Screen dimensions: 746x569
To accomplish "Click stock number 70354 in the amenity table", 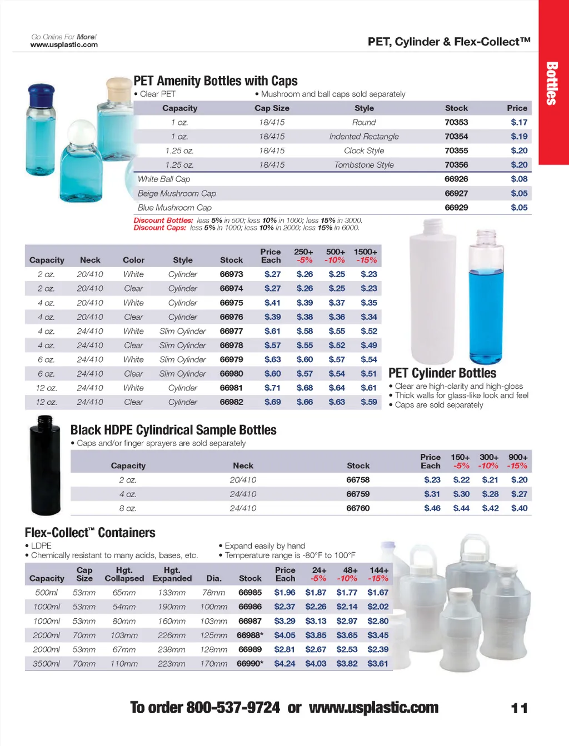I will click(x=456, y=137).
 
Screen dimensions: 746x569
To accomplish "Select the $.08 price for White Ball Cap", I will click(x=519, y=179).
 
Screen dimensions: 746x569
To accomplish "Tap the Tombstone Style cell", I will click(x=364, y=165).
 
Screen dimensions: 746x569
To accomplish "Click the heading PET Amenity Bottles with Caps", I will click(x=216, y=81).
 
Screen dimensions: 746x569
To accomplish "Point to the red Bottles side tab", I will click(x=552, y=83).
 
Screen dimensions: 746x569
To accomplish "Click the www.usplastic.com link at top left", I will click(x=64, y=44).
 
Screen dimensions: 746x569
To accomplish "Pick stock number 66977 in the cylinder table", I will click(x=231, y=331).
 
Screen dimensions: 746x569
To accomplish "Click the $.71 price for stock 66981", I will click(x=272, y=388).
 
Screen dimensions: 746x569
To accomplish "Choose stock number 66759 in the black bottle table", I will click(x=358, y=494).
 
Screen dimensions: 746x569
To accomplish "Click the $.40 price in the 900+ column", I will click(x=519, y=508).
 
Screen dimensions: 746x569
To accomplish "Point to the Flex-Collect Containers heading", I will click(x=90, y=533).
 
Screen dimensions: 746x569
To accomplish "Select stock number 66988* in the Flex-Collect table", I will click(x=250, y=635).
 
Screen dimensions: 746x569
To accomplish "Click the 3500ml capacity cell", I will click(x=47, y=664).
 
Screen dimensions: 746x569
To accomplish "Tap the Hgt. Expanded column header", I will click(x=172, y=574).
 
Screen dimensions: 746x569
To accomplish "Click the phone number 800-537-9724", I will click(x=233, y=708).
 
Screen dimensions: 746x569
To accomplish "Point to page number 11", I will click(x=519, y=708).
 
